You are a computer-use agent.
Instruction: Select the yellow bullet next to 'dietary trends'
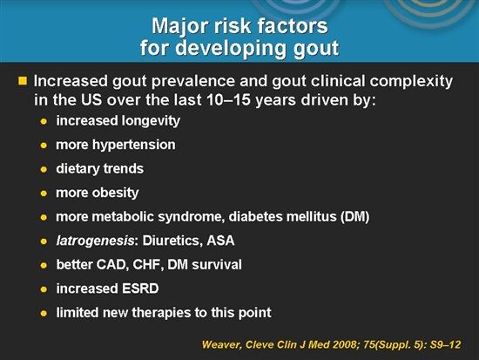[x=43, y=168]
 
